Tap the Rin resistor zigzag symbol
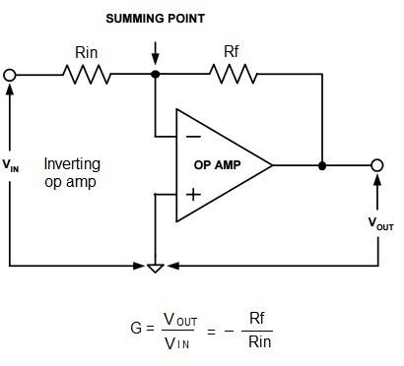coord(81,74)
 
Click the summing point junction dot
coord(155,74)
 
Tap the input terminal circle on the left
coord(11,74)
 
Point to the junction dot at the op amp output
coord(322,164)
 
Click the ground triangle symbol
coord(155,267)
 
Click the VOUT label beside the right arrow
coord(381,224)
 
